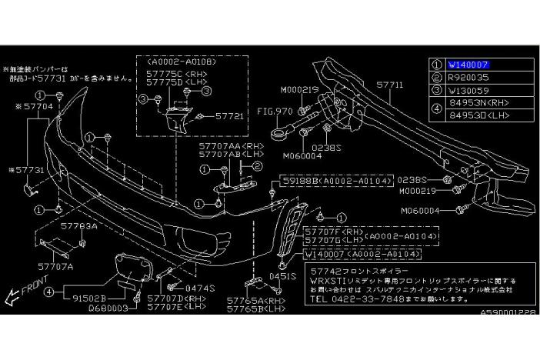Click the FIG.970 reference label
point(275,111)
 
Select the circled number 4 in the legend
point(436,108)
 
